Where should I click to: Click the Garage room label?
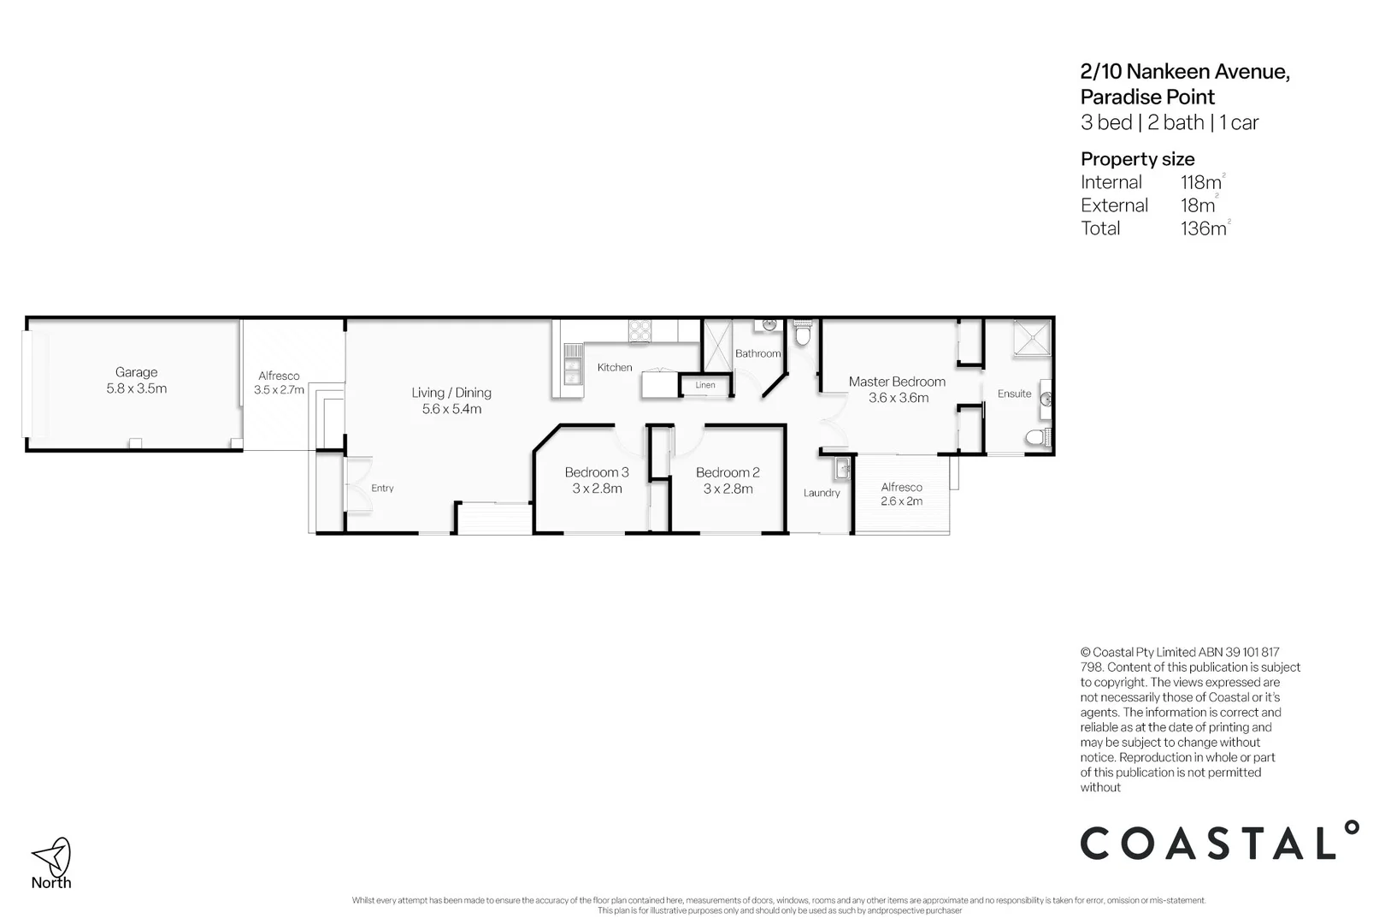[136, 372]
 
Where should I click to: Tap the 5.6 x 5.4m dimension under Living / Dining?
[451, 409]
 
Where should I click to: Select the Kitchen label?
[615, 367]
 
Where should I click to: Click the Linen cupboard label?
[705, 385]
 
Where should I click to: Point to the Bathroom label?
[757, 353]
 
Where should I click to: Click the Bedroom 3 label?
[597, 472]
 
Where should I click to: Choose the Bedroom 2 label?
[728, 472]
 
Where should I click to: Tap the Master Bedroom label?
[897, 382]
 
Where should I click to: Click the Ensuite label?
[1014, 394]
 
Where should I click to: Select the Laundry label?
[822, 493]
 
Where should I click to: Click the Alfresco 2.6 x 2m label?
[902, 494]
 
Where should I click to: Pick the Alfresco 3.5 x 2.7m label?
[279, 382]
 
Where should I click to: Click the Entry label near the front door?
[382, 489]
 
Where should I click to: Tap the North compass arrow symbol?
[52, 855]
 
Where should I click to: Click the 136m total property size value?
[1203, 228]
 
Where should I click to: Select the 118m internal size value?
[1200, 182]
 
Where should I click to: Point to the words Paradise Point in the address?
[1147, 98]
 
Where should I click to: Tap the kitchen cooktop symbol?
[640, 329]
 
